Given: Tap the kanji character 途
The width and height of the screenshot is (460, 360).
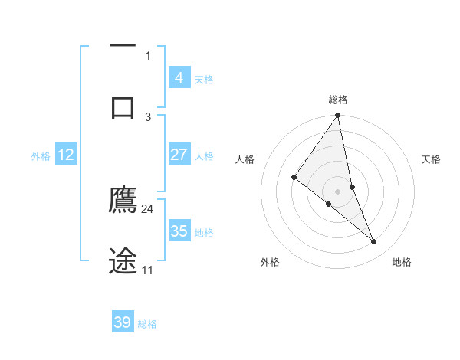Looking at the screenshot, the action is coord(123,260).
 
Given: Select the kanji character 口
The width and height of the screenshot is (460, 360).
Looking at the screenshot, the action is coord(123,107).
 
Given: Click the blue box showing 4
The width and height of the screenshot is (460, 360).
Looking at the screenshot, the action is coord(179,77).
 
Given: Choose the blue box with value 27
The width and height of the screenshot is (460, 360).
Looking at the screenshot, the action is coord(179,155).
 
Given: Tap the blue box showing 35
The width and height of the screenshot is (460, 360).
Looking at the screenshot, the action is coord(179,231).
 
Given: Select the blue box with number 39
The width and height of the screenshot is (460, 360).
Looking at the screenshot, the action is coord(122,322).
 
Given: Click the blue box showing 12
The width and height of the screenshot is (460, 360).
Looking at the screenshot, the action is coord(66,155).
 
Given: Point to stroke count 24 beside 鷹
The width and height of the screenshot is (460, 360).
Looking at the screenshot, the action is coord(148,208).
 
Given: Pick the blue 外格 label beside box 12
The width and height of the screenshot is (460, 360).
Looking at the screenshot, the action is coord(41,156).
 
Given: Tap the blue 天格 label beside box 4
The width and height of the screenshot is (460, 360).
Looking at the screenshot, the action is coord(204,79).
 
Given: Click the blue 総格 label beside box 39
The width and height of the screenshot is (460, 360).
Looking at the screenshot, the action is coord(147,324).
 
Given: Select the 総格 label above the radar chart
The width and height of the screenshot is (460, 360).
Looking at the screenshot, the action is coord(338,100).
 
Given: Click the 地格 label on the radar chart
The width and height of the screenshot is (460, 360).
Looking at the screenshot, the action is coord(402,263).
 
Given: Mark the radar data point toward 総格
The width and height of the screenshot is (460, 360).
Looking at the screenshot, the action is coord(338,116).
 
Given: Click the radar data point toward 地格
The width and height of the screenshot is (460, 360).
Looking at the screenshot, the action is coord(374,242).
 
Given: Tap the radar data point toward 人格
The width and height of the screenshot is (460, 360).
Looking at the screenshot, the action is coord(294,177).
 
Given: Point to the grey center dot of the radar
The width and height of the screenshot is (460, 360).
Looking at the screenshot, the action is coord(338,191).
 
